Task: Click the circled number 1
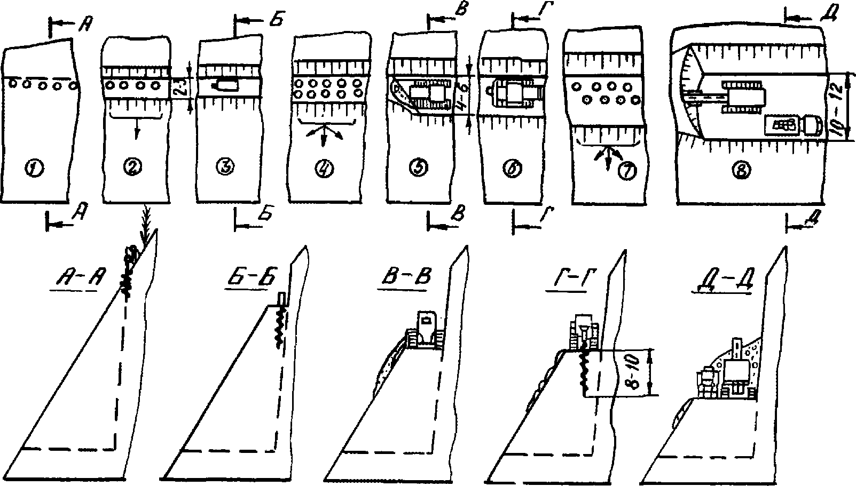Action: coord(36,169)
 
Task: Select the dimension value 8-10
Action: coord(638,372)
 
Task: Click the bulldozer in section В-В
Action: coord(425,331)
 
